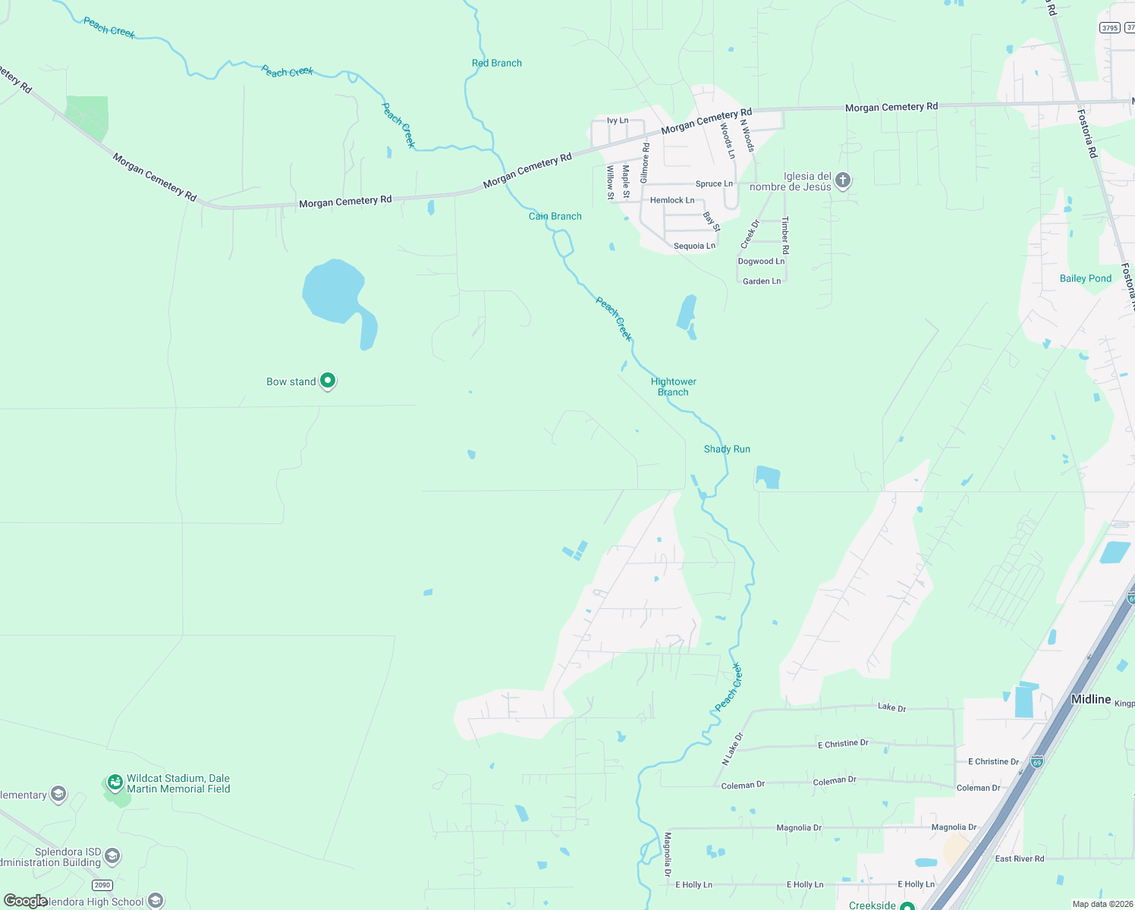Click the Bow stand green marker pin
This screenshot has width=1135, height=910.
(x=328, y=381)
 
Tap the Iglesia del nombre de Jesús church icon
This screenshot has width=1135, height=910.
(x=842, y=180)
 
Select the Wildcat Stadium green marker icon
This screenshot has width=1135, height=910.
(x=115, y=782)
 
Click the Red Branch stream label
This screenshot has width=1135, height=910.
(x=497, y=63)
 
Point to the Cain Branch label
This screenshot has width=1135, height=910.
(x=555, y=216)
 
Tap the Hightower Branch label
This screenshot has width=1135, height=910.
(x=673, y=387)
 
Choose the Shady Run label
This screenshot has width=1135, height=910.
(x=727, y=449)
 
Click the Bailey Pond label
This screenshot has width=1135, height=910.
(x=1085, y=278)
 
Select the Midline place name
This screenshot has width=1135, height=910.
(x=1090, y=699)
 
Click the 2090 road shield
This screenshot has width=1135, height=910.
(x=102, y=885)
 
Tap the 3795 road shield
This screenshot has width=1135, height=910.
(x=1110, y=27)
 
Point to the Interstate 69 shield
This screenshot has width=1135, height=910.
(x=1037, y=761)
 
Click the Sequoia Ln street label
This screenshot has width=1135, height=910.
(x=694, y=246)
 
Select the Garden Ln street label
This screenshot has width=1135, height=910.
(x=762, y=281)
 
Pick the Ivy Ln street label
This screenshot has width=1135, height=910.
(x=618, y=121)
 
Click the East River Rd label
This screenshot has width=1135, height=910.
(x=1019, y=858)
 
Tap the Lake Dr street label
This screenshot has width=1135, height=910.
(x=891, y=708)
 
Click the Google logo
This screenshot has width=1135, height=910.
(x=26, y=901)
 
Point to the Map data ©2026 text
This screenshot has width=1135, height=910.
(x=1100, y=904)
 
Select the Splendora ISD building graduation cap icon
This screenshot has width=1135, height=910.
(x=112, y=857)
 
